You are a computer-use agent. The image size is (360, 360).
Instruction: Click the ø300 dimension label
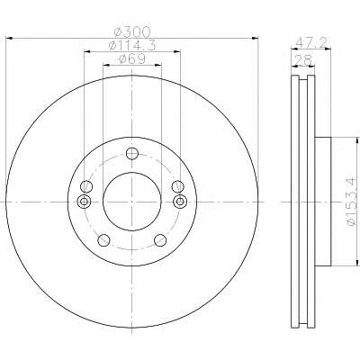132,31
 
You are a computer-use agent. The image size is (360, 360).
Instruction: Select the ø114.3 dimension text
132,45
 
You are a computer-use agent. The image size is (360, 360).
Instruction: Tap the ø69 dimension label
132,58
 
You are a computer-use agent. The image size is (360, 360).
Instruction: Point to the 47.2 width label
310,42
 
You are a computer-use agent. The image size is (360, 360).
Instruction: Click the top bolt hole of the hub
132,154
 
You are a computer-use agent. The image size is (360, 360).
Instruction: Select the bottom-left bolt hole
103,239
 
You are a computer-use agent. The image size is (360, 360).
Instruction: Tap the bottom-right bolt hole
160,239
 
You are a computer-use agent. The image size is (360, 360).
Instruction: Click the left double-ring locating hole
85,202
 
